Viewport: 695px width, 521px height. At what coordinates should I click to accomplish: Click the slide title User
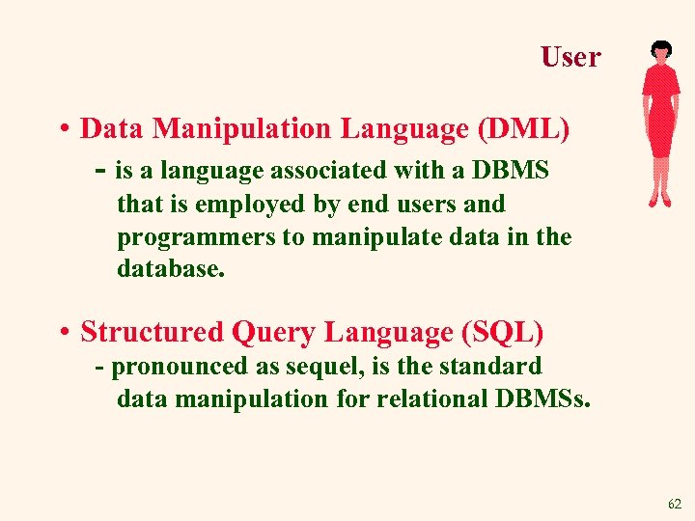point(570,57)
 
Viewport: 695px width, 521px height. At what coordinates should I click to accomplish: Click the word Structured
point(152,332)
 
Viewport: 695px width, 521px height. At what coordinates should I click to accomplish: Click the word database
point(170,269)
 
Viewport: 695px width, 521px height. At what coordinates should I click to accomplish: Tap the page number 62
point(674,504)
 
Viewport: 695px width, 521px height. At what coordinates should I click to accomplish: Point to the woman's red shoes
point(659,201)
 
